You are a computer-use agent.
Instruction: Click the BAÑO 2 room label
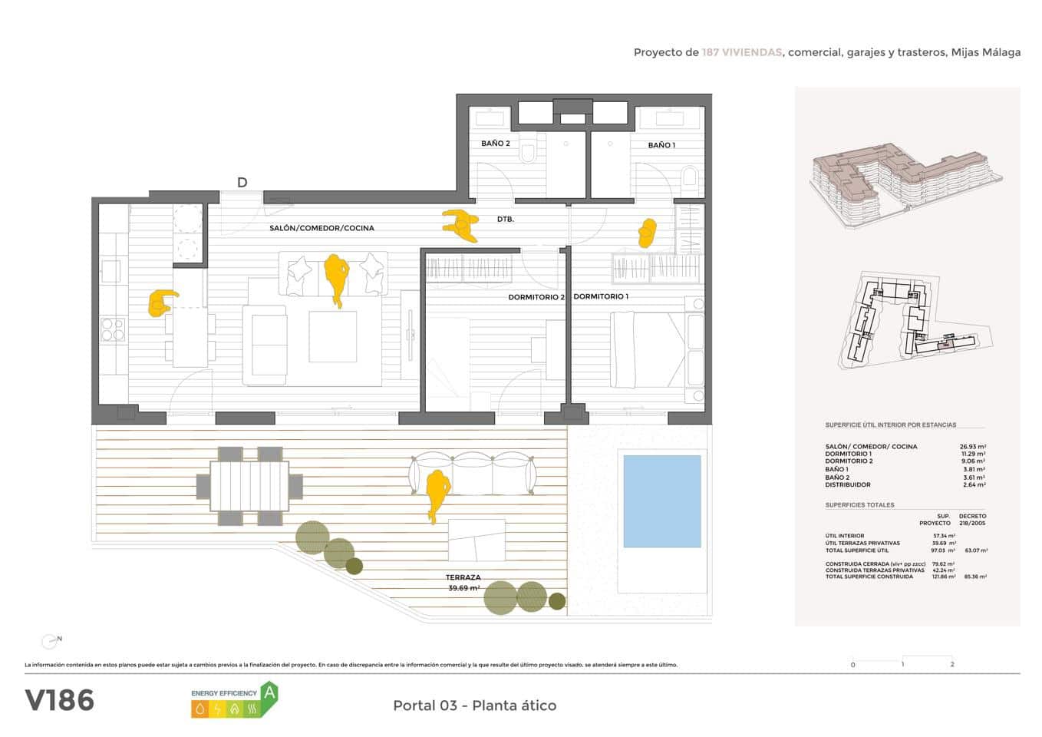point(496,144)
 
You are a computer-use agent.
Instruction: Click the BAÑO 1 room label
point(661,145)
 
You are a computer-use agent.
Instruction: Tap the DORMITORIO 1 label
point(601,296)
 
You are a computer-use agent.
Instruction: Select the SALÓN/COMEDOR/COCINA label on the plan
point(322,228)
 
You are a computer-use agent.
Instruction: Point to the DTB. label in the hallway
point(505,220)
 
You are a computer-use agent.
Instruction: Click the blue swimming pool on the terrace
point(661,501)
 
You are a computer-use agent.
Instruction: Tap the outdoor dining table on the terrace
point(249,487)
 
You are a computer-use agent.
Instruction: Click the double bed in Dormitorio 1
point(647,349)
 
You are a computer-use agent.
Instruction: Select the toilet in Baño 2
point(528,156)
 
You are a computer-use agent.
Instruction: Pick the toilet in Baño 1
point(690,180)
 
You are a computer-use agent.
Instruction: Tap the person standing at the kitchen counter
point(161,303)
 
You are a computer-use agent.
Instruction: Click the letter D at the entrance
point(242,183)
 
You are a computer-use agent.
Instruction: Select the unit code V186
point(60,700)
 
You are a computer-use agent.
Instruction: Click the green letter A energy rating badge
point(269,692)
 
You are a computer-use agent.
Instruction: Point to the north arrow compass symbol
point(51,640)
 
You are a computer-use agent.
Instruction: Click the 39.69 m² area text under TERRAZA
point(463,588)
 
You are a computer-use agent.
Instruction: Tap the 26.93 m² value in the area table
point(972,446)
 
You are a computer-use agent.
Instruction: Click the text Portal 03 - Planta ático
point(474,706)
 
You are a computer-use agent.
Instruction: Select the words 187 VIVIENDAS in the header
point(741,52)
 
